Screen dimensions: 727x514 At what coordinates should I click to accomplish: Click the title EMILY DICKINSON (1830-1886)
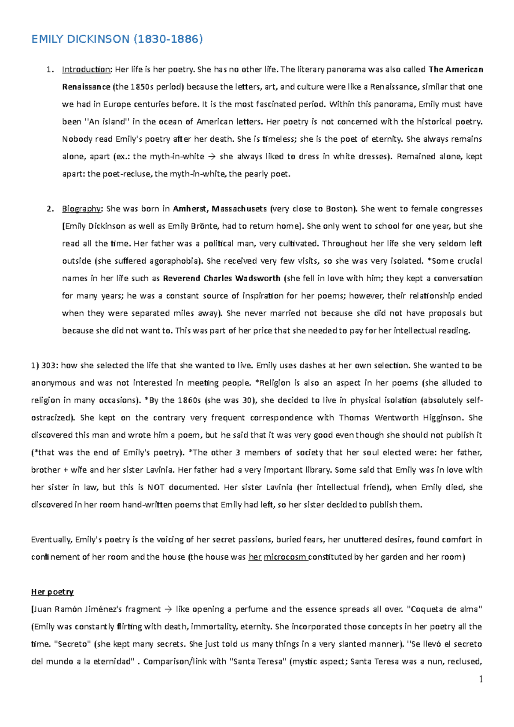click(117, 39)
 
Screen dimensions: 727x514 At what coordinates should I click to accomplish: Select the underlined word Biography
click(82, 209)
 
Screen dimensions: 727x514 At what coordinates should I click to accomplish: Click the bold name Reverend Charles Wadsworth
click(222, 278)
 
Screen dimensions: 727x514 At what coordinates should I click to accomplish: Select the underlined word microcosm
click(285, 557)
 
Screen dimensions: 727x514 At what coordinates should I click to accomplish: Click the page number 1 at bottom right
click(481, 679)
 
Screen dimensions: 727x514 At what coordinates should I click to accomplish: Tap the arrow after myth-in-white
click(212, 157)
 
